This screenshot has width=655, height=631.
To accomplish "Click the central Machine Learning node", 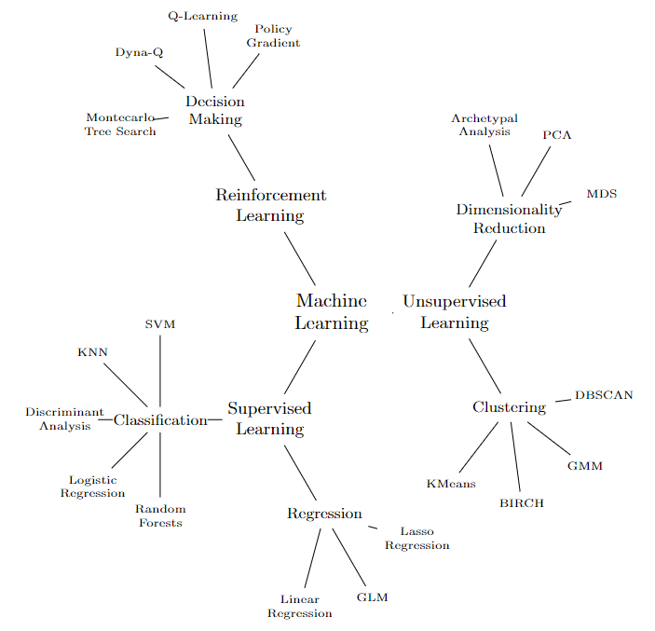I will coord(332,311).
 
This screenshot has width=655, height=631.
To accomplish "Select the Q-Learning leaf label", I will coord(202,16).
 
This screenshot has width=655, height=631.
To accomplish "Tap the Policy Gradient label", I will coord(273,35).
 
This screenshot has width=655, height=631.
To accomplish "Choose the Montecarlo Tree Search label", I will coord(121,124).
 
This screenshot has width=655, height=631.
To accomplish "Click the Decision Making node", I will coord(215,110).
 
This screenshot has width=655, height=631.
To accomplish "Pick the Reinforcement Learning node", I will coord(270,205).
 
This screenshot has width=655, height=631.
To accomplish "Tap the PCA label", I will coord(557,135).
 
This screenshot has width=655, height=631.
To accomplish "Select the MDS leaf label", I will coord(601,194).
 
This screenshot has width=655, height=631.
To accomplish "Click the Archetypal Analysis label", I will coord(484,125).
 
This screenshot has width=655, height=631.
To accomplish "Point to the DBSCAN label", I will coord(603,395).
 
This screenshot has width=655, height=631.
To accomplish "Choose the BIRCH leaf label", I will coord(521,503).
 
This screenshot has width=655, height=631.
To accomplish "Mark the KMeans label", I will coord(451,484).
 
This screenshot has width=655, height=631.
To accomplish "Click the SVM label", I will coord(160,324).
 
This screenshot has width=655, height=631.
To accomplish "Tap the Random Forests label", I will coord(160,515).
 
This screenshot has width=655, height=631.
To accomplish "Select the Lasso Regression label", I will coord(416,538).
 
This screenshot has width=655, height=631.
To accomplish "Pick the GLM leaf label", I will coord(372,597).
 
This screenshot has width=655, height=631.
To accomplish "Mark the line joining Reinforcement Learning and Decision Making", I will coord(241,157).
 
